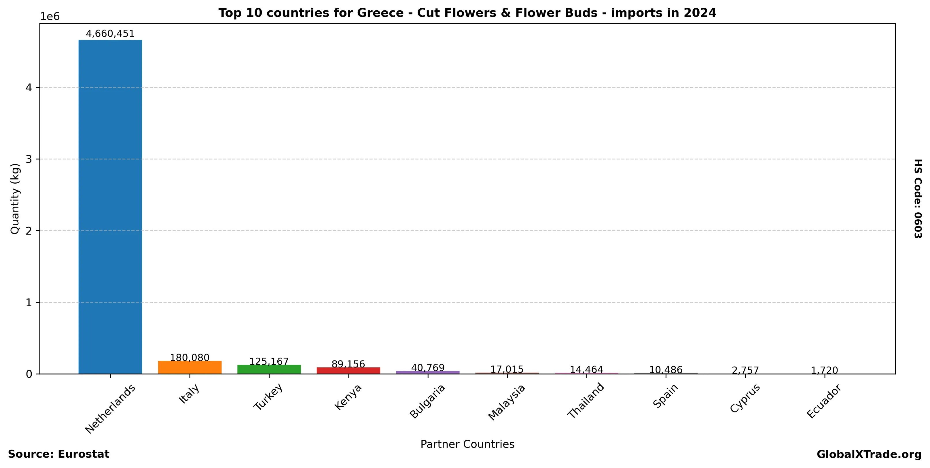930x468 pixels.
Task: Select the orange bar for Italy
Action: [190, 367]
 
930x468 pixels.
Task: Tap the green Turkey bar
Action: [269, 369]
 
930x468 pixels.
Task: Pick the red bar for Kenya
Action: [348, 371]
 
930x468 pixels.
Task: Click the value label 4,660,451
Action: [110, 34]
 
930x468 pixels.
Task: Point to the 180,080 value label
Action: [190, 358]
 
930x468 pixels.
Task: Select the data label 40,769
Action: [428, 368]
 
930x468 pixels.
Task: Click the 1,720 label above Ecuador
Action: [825, 371]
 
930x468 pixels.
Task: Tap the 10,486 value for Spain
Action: [666, 370]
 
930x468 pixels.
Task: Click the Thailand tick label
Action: [586, 401]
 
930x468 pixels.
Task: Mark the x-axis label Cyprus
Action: [745, 398]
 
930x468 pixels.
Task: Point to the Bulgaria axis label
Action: [427, 401]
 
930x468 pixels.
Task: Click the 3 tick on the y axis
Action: [29, 159]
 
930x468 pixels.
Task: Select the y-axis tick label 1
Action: [29, 303]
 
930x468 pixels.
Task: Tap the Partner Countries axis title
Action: [467, 444]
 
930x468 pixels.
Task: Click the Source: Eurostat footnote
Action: [58, 454]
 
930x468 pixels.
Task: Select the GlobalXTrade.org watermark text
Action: [869, 455]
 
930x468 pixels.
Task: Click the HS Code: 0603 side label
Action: [917, 199]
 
